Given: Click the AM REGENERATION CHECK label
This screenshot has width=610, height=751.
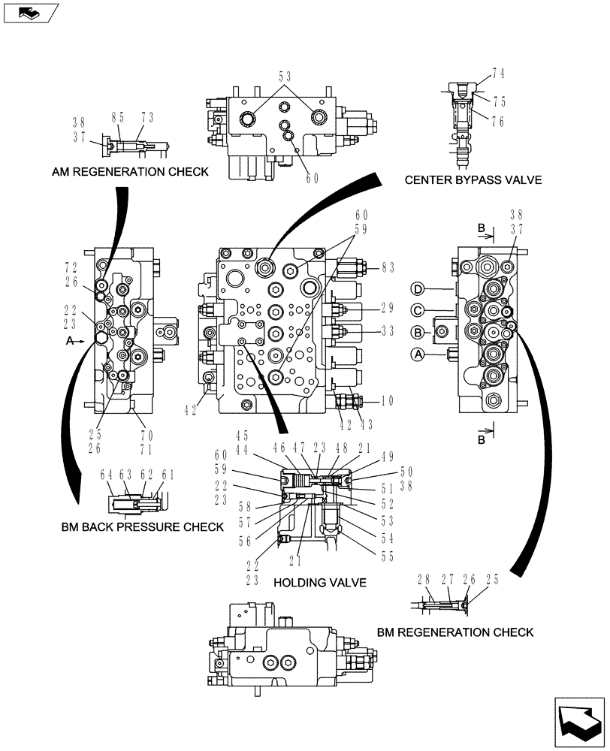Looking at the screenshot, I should point(130,172).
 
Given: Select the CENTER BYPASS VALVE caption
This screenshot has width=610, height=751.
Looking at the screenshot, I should point(473,180).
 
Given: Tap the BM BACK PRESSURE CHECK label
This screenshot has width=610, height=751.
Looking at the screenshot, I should point(142,526).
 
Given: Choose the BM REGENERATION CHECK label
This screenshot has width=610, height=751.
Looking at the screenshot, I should point(455,632).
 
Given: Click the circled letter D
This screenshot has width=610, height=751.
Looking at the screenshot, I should point(418,288).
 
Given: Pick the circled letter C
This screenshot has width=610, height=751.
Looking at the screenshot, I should point(418,309).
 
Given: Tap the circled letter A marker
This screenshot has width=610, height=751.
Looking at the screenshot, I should point(418,353).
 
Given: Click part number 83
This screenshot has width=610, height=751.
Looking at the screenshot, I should point(387,267).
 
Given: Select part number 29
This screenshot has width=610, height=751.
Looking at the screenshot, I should point(387,308).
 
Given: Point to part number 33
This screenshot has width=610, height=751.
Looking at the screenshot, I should point(387,330).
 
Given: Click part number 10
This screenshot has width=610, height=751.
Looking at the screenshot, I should point(387,400).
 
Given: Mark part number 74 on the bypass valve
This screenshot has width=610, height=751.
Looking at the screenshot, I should point(498,74).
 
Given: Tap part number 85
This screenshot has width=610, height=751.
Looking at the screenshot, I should point(119,117).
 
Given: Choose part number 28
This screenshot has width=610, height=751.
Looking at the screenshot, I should point(424,579).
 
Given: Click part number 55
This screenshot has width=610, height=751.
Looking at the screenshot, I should point(388,556).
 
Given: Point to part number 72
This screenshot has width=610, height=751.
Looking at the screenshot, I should point(71,268).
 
